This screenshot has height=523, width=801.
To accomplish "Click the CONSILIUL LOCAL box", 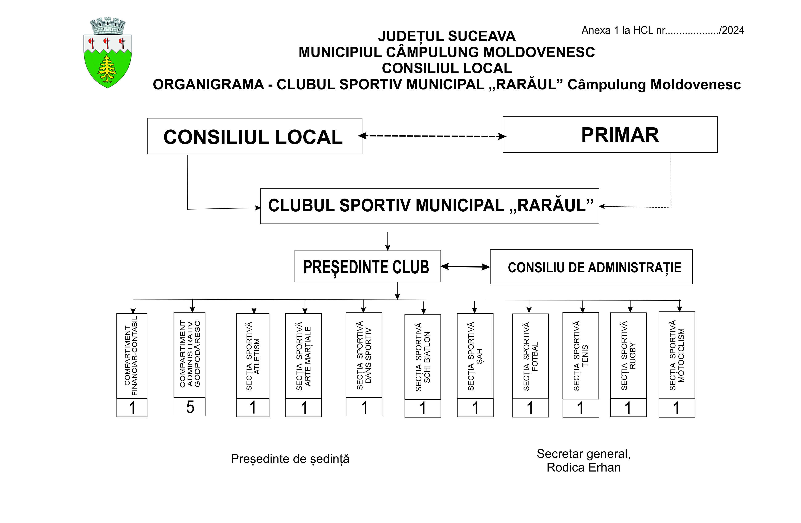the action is click(255, 136).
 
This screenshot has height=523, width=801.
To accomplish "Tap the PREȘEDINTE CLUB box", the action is click(367, 266).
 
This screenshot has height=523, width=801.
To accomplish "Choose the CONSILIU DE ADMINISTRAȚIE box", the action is click(591, 267).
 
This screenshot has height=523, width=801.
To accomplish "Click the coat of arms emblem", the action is click(108, 53).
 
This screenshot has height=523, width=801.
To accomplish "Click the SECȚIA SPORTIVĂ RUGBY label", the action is click(628, 356).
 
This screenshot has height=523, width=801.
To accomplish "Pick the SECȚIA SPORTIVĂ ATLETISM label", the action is click(253, 356).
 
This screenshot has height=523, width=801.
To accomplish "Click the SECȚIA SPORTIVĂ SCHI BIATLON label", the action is click(423, 357).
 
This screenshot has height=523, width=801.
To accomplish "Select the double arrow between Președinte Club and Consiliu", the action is click(465, 266).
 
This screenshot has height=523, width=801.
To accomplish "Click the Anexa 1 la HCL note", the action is click(663, 30).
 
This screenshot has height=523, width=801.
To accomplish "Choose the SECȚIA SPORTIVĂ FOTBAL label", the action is click(530, 356).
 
